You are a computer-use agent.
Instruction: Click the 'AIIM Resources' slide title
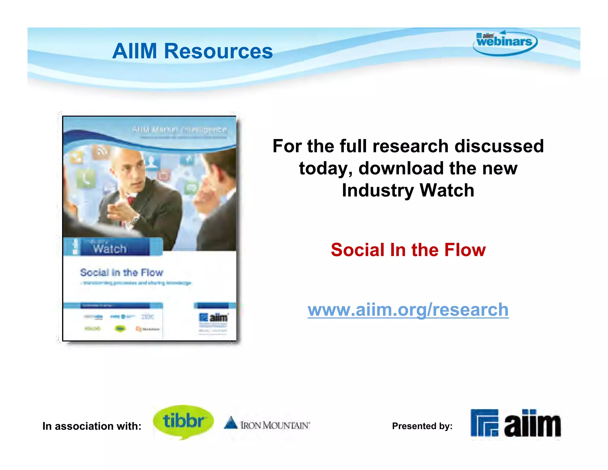pyautogui.click(x=192, y=51)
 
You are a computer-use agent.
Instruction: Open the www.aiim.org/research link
pyautogui.click(x=408, y=310)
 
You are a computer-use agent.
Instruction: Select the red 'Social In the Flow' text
pyautogui.click(x=408, y=250)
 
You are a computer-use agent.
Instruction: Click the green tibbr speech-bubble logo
pyautogui.click(x=183, y=421)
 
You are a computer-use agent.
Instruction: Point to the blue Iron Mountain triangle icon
pyautogui.click(x=231, y=423)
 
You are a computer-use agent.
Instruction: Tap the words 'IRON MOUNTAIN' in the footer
pyautogui.click(x=275, y=425)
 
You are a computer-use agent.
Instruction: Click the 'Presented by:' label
pyautogui.click(x=422, y=426)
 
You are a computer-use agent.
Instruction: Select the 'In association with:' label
pyautogui.click(x=92, y=426)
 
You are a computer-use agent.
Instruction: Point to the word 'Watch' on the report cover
pyautogui.click(x=110, y=249)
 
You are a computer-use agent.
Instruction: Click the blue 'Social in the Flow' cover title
pyautogui.click(x=121, y=272)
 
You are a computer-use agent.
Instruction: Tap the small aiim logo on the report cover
pyautogui.click(x=213, y=318)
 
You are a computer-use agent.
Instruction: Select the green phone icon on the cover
pyautogui.click(x=86, y=179)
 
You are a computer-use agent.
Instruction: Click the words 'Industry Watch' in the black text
pyautogui.click(x=408, y=190)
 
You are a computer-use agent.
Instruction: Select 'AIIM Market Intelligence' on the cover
pyautogui.click(x=180, y=130)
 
